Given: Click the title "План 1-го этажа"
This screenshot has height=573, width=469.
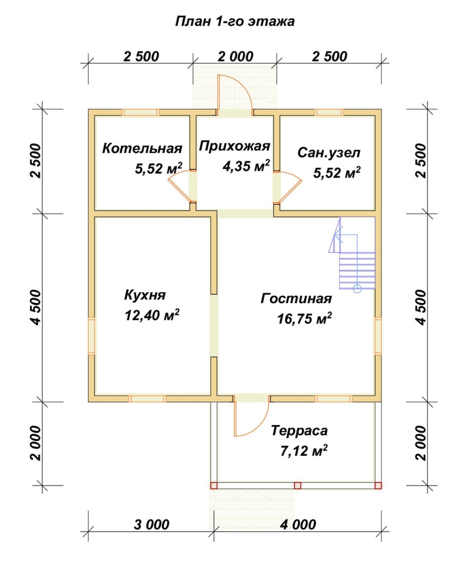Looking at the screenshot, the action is (x=234, y=21).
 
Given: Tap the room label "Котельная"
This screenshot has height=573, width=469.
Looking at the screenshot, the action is (x=142, y=148).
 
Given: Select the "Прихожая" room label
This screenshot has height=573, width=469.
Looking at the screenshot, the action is (x=234, y=146).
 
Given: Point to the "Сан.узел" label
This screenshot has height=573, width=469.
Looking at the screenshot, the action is (x=329, y=153).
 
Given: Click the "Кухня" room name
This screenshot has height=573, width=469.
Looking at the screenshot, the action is (x=145, y=295).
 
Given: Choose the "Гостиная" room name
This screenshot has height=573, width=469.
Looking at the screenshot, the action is (x=296, y=298).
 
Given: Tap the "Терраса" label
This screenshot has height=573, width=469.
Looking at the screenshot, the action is (x=299, y=430).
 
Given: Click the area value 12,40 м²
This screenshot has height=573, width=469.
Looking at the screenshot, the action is (x=152, y=314).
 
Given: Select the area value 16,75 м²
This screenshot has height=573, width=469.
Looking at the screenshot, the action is (x=304, y=318).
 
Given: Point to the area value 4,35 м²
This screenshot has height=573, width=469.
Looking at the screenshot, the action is (x=246, y=166).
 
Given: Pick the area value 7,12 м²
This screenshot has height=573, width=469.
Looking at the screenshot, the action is (x=303, y=451).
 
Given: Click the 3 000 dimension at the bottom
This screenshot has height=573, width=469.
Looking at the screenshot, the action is (x=151, y=525).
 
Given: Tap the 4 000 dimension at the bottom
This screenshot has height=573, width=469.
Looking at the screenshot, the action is (x=298, y=525).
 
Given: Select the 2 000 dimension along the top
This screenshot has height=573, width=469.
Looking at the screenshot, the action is (x=236, y=57).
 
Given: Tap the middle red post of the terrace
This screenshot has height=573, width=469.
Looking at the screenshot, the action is (x=298, y=485).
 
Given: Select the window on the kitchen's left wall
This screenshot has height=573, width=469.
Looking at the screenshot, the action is (x=91, y=336).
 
